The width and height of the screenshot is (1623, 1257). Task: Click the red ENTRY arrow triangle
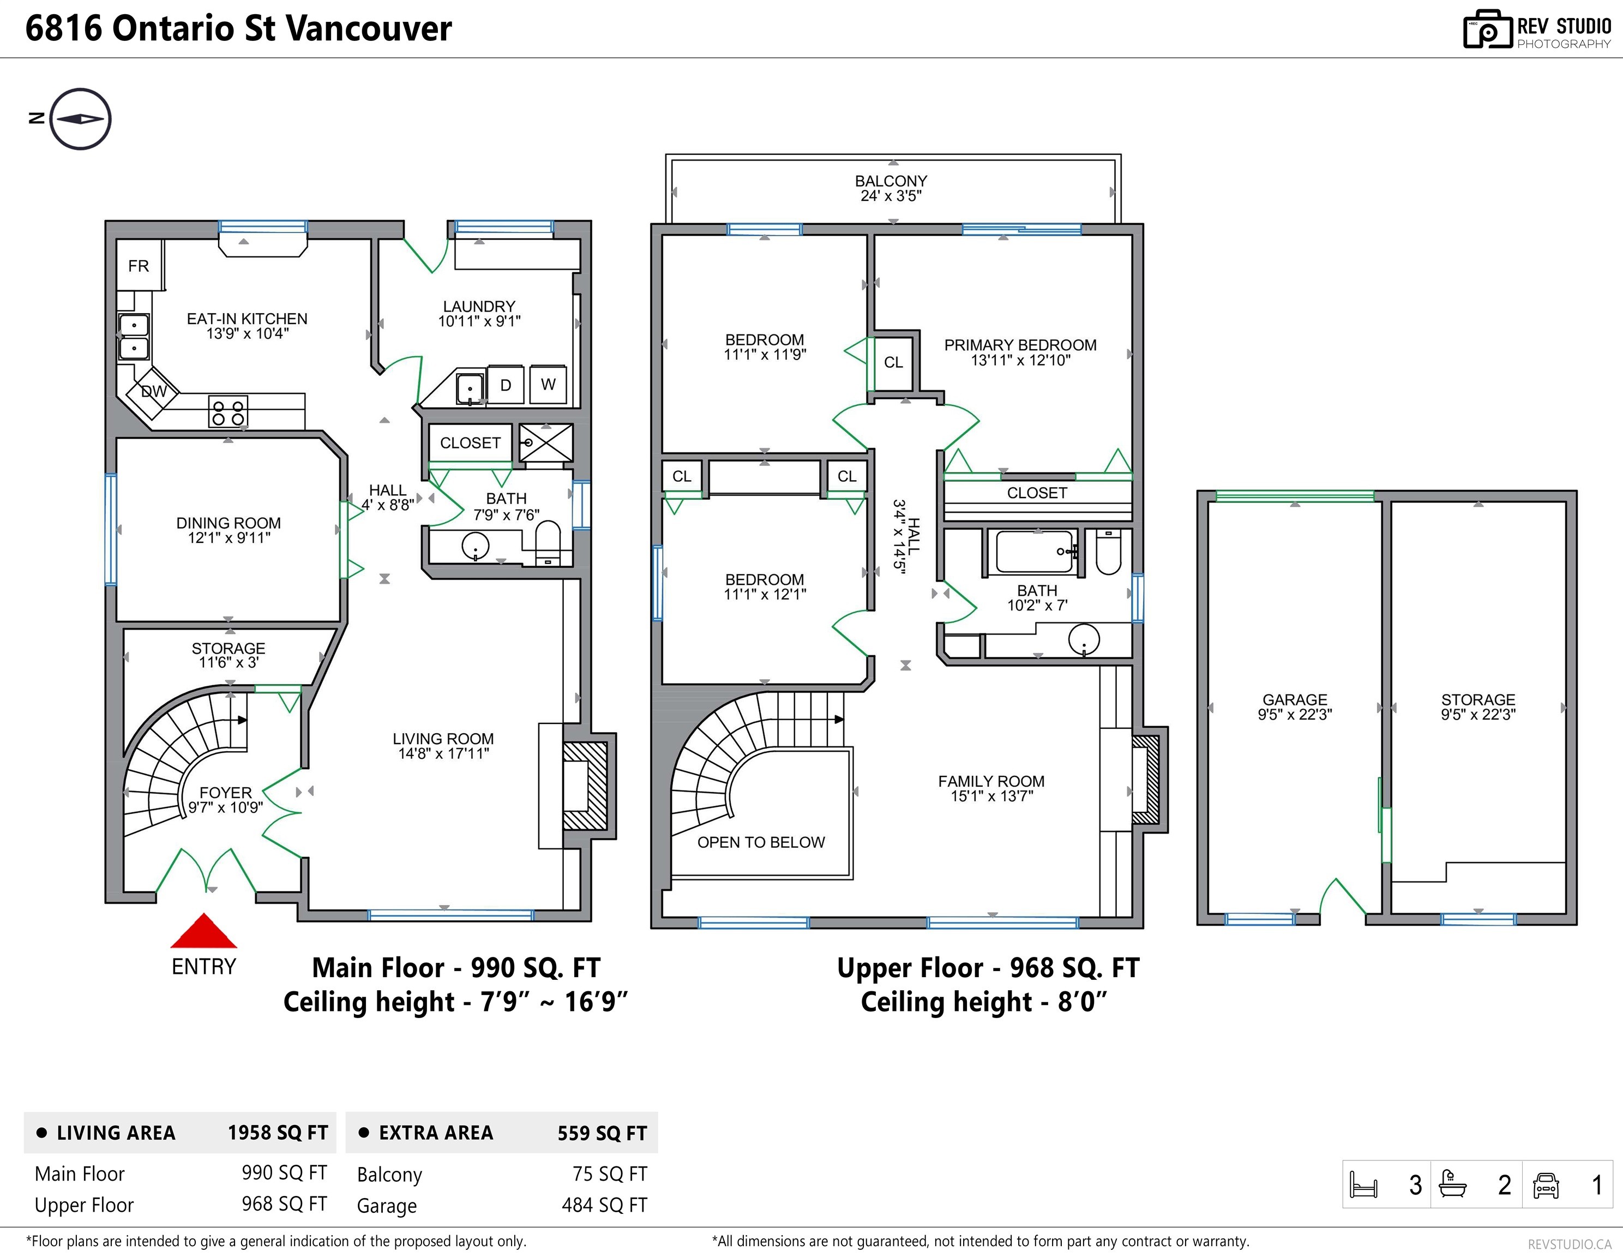coord(203,932)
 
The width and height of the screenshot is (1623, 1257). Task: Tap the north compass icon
coord(80,119)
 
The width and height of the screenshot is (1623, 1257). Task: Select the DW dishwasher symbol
coord(154,392)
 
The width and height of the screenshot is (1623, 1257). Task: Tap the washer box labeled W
coord(548,384)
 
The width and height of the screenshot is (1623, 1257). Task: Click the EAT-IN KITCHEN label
coord(247,319)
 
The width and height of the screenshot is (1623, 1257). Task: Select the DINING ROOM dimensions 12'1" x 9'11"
coord(229,537)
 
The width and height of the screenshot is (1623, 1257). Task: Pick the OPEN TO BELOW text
coord(761,842)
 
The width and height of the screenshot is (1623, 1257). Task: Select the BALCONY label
coord(891,181)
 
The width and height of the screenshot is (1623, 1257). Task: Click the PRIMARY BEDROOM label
coord(1020,345)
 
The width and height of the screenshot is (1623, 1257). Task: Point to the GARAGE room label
coord(1295,699)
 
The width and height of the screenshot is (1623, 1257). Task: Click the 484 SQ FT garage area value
coord(604,1205)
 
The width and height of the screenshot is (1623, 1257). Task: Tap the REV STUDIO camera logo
coord(1487,30)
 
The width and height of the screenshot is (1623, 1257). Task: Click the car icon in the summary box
coord(1546,1185)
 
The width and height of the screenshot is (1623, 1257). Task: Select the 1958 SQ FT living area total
coord(277,1133)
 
